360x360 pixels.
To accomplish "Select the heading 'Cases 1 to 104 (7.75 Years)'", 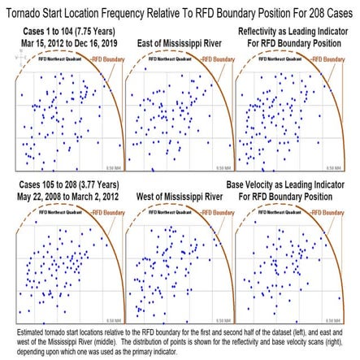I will point(63,29).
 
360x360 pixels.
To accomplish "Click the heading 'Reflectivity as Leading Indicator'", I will point(296,29).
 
